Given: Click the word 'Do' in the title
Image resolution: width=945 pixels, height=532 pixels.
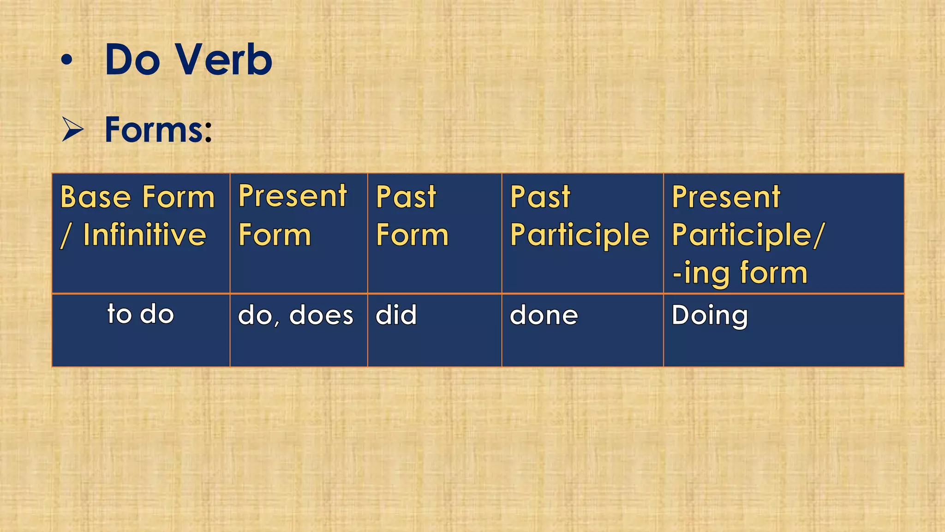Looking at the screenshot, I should click(x=132, y=60).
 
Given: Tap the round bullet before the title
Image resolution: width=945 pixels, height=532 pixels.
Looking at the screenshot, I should click(x=67, y=60).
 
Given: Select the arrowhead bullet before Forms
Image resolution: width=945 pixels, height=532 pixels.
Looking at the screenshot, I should click(x=72, y=129).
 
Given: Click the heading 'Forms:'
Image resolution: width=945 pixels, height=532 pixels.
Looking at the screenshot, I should click(x=158, y=129).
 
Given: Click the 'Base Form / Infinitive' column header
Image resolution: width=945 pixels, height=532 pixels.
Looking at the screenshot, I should click(x=138, y=216).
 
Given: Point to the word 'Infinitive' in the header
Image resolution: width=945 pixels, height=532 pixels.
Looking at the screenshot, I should click(x=144, y=235).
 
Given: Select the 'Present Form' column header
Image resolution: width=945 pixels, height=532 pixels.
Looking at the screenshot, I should click(x=292, y=215).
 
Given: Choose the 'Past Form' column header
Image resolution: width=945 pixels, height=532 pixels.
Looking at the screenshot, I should click(x=412, y=216).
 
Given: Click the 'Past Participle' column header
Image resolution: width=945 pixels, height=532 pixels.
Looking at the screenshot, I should click(x=579, y=216).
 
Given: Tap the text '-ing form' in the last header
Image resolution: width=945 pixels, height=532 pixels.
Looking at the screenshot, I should click(x=740, y=272).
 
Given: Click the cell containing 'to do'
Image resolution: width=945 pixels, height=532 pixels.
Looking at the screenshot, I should click(x=141, y=314).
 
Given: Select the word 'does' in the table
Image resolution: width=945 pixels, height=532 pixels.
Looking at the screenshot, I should click(x=321, y=315).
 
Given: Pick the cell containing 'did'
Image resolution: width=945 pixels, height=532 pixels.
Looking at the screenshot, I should click(x=396, y=315).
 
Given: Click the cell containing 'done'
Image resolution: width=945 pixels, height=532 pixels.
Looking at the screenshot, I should click(x=544, y=315).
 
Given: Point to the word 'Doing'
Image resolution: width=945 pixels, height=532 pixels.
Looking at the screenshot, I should click(x=709, y=316).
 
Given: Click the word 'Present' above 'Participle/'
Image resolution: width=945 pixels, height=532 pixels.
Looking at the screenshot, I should click(x=726, y=197).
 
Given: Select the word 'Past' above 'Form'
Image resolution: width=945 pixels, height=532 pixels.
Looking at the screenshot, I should click(x=406, y=197).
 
